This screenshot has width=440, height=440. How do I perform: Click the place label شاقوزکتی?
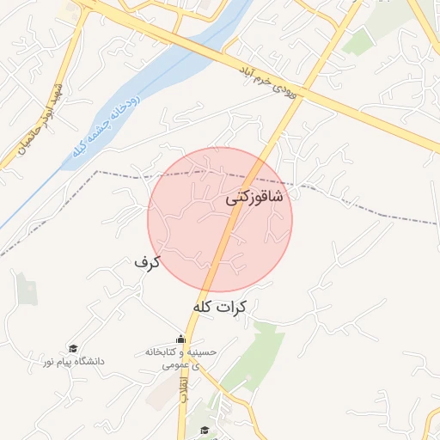254,198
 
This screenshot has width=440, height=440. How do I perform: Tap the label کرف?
147,261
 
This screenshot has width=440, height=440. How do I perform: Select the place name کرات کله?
221,307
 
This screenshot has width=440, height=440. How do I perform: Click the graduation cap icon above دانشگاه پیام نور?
73,348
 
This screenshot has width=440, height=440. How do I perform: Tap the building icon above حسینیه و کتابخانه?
180,339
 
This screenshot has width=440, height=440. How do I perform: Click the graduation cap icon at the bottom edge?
204,430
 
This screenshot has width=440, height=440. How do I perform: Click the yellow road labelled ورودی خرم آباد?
344,103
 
